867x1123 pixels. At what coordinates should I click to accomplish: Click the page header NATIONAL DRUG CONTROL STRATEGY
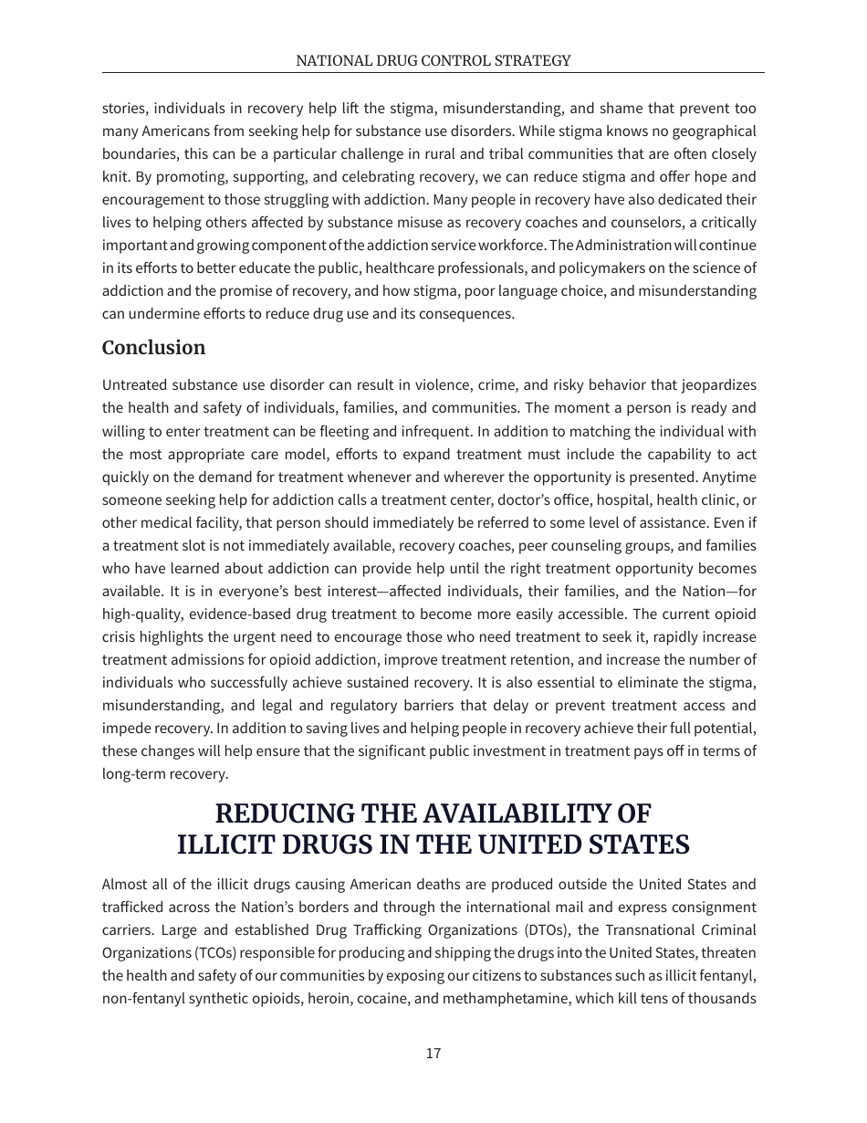(433, 61)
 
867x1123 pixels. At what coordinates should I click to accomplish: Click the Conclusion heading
(153, 348)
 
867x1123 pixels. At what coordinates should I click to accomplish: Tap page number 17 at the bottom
(433, 1054)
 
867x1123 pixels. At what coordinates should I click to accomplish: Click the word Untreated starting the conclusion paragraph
(134, 385)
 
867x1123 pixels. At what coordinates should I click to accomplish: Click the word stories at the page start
(122, 109)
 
